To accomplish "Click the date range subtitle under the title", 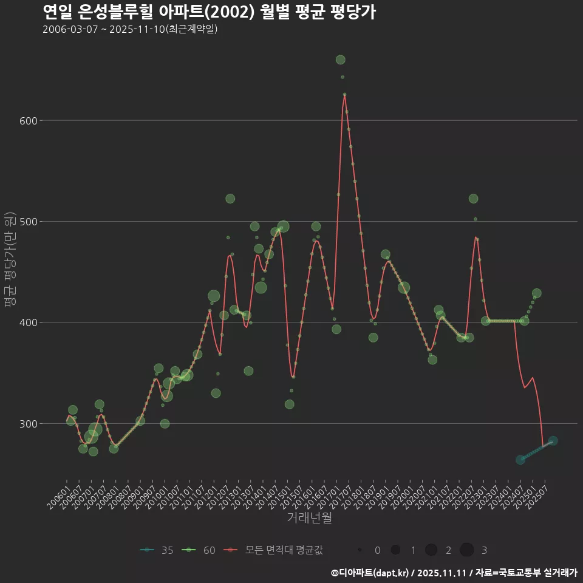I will coord(130,29).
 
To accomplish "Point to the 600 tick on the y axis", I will coord(29,121).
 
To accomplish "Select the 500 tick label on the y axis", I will coord(29,222).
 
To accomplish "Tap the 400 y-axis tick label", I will coord(29,322).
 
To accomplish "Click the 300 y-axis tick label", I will coord(29,423).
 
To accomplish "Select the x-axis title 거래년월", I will coord(309,518).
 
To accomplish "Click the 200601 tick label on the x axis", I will coord(59,493).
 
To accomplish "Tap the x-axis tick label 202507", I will coord(540,493).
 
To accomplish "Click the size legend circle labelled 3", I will coord(466,550).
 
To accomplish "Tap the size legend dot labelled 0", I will coord(360,550).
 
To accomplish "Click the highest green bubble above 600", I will coord(340,60).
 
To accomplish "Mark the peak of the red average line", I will coord(344,95).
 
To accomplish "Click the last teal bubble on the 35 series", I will coord(553,441).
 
